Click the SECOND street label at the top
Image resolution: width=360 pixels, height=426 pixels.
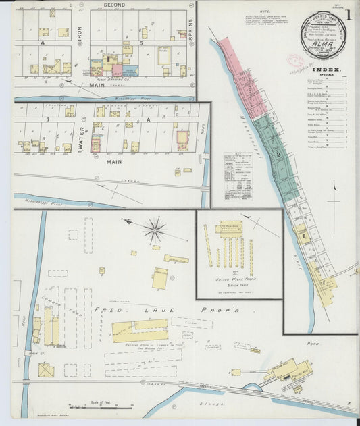[115, 5]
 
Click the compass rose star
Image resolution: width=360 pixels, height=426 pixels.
[155, 231]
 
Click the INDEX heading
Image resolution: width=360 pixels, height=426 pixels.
[328, 69]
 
